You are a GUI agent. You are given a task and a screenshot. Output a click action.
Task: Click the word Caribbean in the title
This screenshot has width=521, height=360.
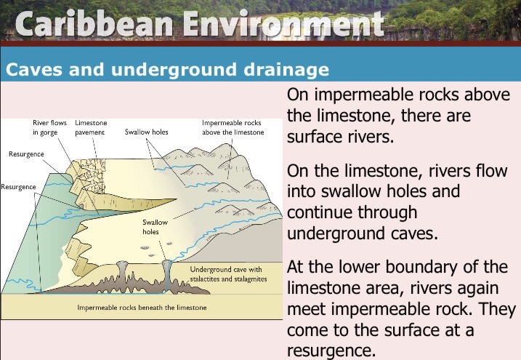(x=94, y=23)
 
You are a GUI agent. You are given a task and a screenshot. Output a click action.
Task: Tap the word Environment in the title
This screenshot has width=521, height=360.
(x=284, y=23)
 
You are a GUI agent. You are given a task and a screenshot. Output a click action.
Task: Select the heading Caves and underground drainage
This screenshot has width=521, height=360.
(x=167, y=70)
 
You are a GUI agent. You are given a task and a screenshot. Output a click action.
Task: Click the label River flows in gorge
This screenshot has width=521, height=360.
(x=49, y=128)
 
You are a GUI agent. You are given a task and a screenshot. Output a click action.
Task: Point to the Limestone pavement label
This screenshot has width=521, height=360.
(x=91, y=128)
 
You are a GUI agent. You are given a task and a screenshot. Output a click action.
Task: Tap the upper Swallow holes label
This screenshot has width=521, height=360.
(x=147, y=132)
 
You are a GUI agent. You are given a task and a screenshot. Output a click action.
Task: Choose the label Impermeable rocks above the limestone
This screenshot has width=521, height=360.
(x=233, y=128)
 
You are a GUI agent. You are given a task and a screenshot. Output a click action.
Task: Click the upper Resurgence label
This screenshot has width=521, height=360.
(x=26, y=154)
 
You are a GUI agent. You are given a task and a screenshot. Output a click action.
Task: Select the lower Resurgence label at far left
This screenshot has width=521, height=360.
(x=18, y=187)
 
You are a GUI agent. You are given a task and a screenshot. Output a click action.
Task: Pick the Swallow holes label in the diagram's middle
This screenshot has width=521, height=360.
(x=155, y=227)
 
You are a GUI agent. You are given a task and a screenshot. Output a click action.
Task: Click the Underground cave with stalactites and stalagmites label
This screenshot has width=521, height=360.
(x=228, y=274)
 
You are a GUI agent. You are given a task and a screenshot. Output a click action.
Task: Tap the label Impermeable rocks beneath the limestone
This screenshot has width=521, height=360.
(x=142, y=308)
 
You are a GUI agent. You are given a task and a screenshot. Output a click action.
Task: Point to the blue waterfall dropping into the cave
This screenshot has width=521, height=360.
(x=167, y=276)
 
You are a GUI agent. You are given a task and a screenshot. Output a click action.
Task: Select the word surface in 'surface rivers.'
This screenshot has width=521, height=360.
(x=318, y=137)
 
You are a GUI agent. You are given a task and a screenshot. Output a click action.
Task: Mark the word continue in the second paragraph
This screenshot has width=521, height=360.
(x=352, y=212)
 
